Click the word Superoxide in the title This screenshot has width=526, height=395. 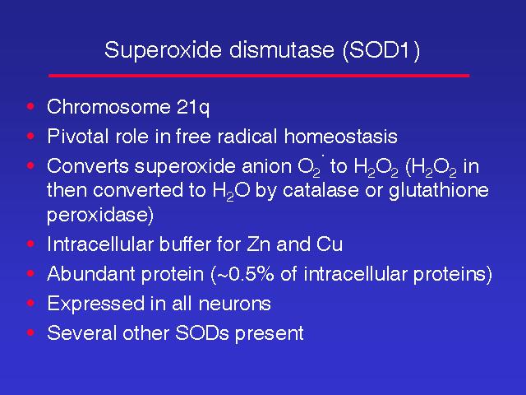click(163, 50)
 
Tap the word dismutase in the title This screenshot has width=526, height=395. click(282, 49)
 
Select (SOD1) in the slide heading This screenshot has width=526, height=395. click(381, 51)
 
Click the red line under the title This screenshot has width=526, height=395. click(259, 76)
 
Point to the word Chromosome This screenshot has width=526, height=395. click(108, 107)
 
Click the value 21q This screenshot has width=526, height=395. click(193, 108)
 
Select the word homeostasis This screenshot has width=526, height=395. click(341, 137)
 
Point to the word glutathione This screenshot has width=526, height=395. click(438, 191)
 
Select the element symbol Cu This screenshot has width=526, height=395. click(329, 244)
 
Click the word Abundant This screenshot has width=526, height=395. click(91, 274)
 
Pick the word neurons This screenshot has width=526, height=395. click(234, 304)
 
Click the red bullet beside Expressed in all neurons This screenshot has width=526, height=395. click(30, 304)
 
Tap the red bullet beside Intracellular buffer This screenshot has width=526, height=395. click(30, 244)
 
